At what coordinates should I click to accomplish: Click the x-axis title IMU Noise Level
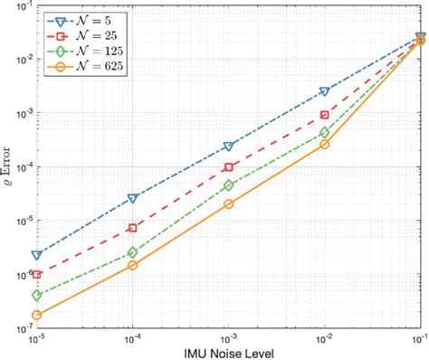click(x=228, y=352)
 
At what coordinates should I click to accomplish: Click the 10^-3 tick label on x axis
click(x=228, y=336)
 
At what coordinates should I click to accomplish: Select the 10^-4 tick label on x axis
click(x=132, y=336)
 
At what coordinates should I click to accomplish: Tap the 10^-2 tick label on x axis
click(x=324, y=336)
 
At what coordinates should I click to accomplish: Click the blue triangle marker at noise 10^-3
click(x=228, y=146)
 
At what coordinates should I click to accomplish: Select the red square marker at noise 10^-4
click(x=132, y=228)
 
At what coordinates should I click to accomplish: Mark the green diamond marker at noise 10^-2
click(x=324, y=132)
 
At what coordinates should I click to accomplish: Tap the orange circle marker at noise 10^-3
click(x=228, y=204)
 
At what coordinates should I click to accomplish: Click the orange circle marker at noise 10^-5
click(x=37, y=315)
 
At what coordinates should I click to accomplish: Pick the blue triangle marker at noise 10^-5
click(x=37, y=255)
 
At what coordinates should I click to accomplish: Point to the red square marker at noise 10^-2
click(x=324, y=115)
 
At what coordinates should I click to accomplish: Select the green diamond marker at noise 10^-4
click(x=132, y=252)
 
